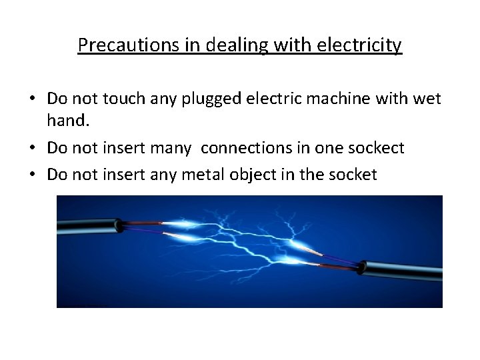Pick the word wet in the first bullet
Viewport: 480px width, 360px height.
click(427, 99)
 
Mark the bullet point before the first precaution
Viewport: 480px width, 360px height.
click(32, 99)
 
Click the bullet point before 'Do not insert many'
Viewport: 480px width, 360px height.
click(32, 148)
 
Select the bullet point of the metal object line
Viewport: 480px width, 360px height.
click(32, 175)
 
